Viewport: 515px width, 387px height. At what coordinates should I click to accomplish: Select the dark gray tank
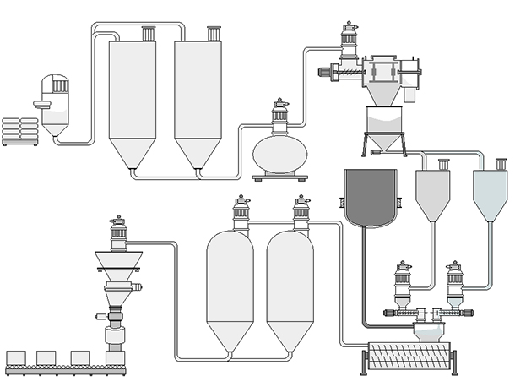coord(371,198)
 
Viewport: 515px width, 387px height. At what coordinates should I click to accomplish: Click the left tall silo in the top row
coord(132,97)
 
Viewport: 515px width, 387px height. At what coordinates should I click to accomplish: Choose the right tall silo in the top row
coord(198,97)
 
